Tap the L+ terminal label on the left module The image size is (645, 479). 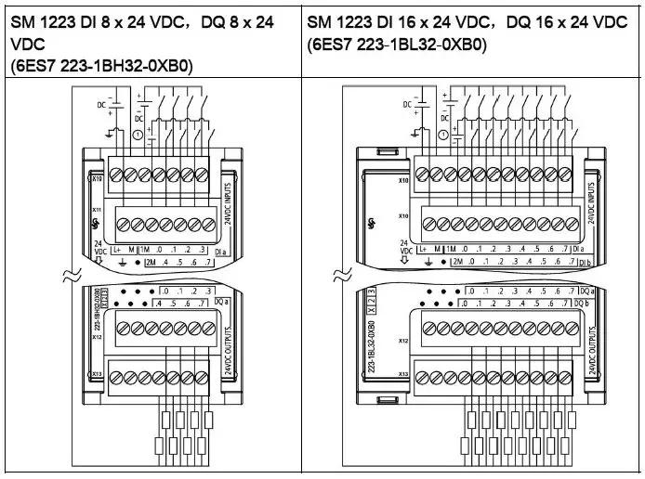(117, 249)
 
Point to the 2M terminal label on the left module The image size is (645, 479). (150, 263)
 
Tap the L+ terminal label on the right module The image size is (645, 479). (424, 249)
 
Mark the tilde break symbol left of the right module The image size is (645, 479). (341, 275)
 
